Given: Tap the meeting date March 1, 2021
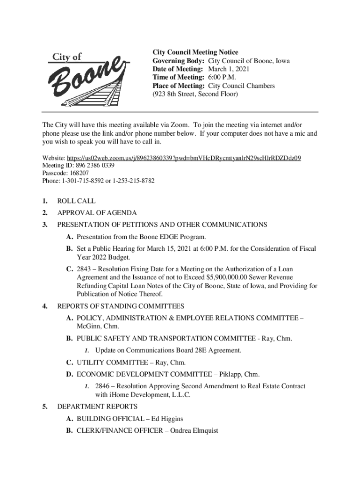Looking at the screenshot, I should coord(229,69).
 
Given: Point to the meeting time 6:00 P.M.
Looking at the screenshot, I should coord(222,78).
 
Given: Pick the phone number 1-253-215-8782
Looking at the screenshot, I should coord(131,181).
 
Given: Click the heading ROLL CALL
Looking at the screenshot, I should coord(76,201).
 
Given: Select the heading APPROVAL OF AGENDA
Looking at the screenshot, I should coord(97,213).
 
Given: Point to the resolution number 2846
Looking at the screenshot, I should coord(103,386).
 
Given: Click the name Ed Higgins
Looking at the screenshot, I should coord(167,419).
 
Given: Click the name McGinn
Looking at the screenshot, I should coord(87,326).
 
